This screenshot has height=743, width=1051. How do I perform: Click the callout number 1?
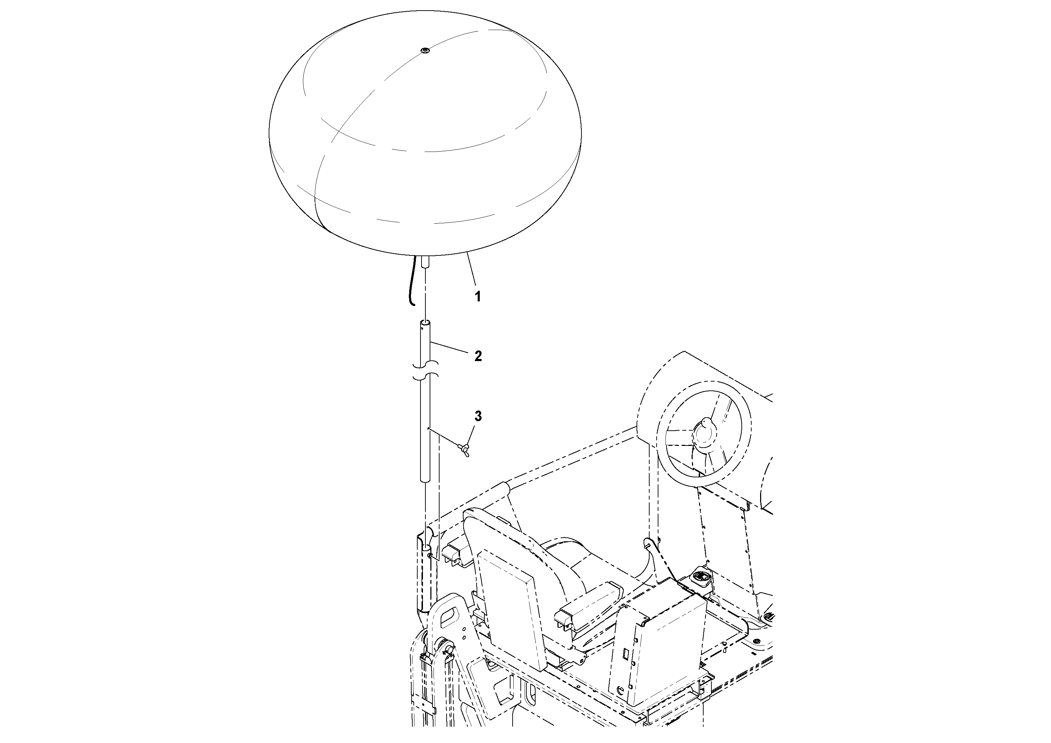coord(477,297)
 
